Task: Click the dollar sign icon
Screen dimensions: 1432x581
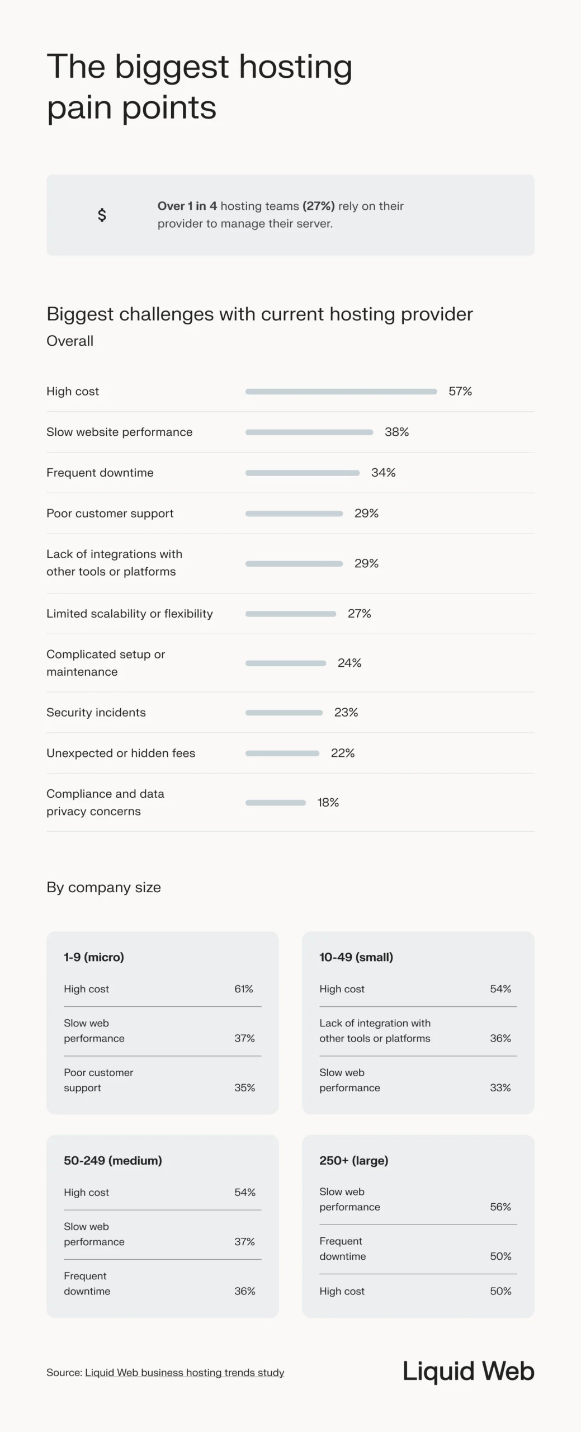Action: click(x=102, y=215)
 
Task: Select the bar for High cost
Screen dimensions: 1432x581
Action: click(x=341, y=392)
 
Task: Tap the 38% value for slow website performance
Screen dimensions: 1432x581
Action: click(x=396, y=432)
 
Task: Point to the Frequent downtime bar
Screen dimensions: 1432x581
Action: click(x=302, y=473)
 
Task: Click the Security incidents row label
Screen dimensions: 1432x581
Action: click(x=96, y=712)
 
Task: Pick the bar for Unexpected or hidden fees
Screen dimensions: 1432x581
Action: click(x=282, y=753)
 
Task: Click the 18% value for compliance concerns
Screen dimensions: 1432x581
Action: click(x=328, y=802)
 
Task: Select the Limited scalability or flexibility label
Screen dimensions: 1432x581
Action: click(x=130, y=614)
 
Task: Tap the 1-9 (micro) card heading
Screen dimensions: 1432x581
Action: click(x=94, y=957)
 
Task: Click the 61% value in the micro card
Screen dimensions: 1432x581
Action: click(x=244, y=988)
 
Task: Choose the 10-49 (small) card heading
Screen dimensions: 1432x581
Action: click(x=356, y=957)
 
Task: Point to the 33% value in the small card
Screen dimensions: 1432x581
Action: click(x=500, y=1087)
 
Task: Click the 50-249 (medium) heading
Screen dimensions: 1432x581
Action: click(x=113, y=1160)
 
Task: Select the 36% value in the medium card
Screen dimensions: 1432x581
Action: click(x=245, y=1291)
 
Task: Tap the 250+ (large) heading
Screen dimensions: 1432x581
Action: click(x=354, y=1160)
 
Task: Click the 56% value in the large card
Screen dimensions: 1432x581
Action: click(x=500, y=1207)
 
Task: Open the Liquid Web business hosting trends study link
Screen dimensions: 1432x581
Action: click(x=185, y=1372)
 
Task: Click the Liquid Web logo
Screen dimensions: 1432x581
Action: click(x=469, y=1371)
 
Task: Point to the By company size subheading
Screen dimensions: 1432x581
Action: click(x=104, y=887)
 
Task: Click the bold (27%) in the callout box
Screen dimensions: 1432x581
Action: click(x=319, y=206)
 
